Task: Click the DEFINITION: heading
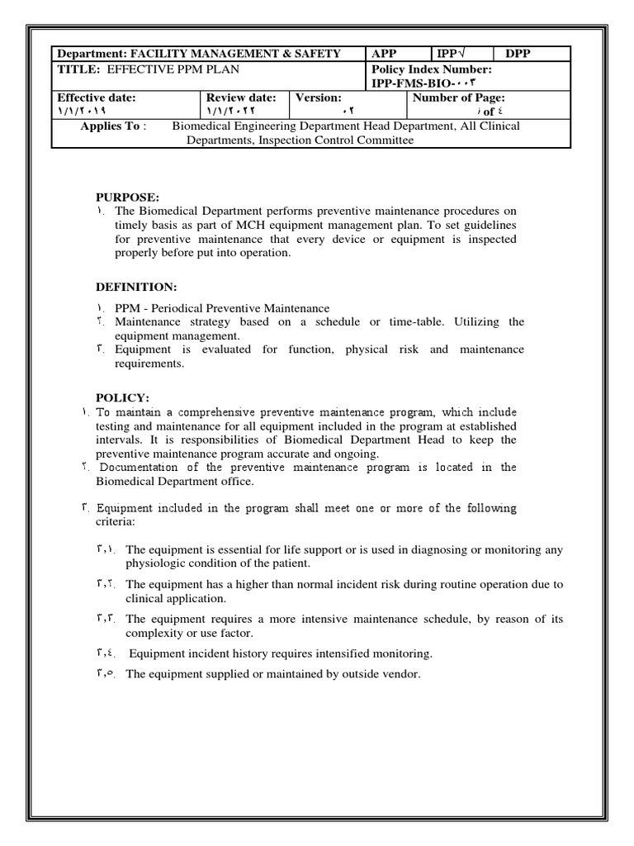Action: pyautogui.click(x=136, y=287)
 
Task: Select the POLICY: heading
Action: pyautogui.click(x=122, y=398)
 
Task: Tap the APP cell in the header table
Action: pyautogui.click(x=385, y=54)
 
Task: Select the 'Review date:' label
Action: pyautogui.click(x=242, y=97)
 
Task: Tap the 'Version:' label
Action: pyautogui.click(x=319, y=97)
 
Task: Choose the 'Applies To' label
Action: pyautogui.click(x=112, y=126)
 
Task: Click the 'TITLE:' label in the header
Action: pyautogui.click(x=77, y=69)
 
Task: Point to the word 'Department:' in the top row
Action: pyautogui.click(x=90, y=54)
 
